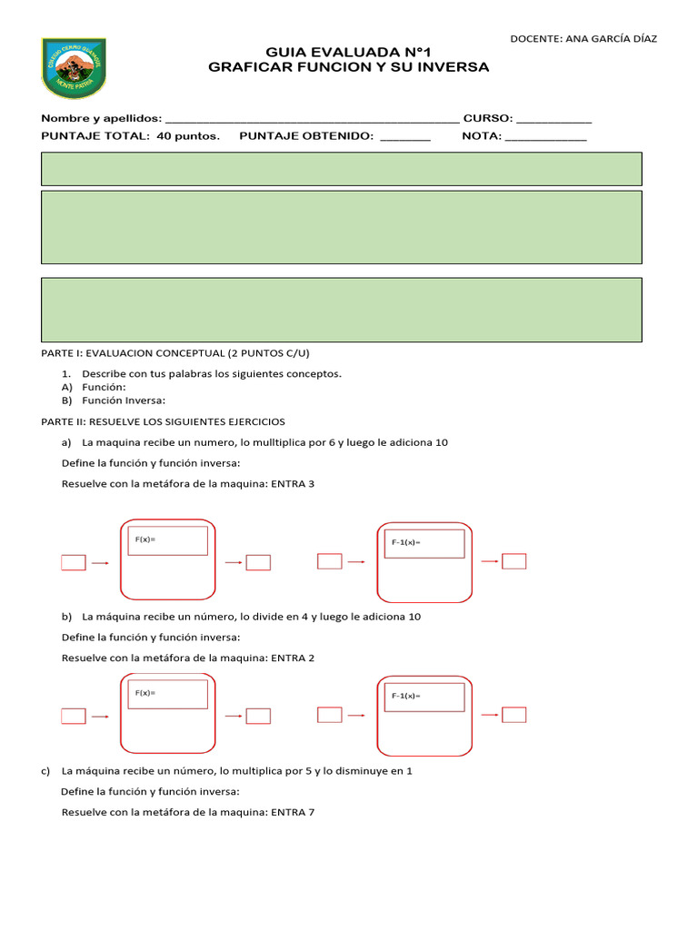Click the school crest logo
pos(74,67)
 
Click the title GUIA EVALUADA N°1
pos(348,54)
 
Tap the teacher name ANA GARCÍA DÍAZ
pos(610,38)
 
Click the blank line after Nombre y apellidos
pos(313,119)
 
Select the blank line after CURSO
pos(553,119)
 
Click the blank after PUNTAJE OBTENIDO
pos(404,136)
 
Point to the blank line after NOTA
pos(545,136)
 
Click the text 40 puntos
pos(188,135)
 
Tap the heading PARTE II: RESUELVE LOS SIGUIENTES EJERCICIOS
pos(163,421)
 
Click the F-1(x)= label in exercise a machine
pos(406,543)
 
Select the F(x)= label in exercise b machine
pos(145,693)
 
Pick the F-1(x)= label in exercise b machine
pos(406,697)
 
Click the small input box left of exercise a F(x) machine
pos(74,563)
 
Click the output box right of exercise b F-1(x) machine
pos(514,715)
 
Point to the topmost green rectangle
pos(342,169)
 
